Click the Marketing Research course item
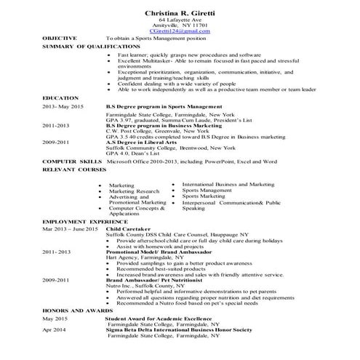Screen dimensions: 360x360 coord(133,191)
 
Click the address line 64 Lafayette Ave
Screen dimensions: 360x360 coord(179,20)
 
